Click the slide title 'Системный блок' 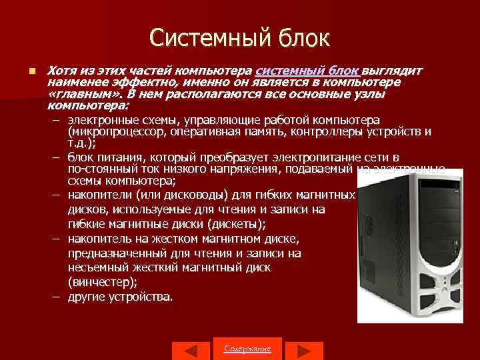[x=239, y=37]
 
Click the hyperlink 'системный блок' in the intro [x=307, y=71]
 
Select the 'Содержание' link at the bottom [x=247, y=348]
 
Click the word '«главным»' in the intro [x=76, y=94]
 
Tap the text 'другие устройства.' [x=120, y=296]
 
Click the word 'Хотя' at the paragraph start [x=60, y=71]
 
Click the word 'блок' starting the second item [x=81, y=158]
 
